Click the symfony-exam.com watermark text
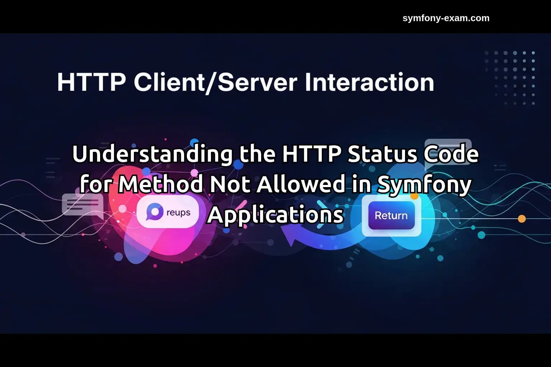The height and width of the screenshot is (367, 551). pyautogui.click(x=446, y=18)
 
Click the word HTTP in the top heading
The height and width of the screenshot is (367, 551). pyautogui.click(x=91, y=82)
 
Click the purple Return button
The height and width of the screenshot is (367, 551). pyautogui.click(x=391, y=215)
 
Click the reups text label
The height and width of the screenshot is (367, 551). pyautogui.click(x=178, y=213)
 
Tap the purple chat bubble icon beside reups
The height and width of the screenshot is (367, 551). pyautogui.click(x=154, y=212)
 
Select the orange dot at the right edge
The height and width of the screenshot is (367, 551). pyautogui.click(x=522, y=219)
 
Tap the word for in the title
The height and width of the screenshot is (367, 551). pyautogui.click(x=96, y=184)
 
